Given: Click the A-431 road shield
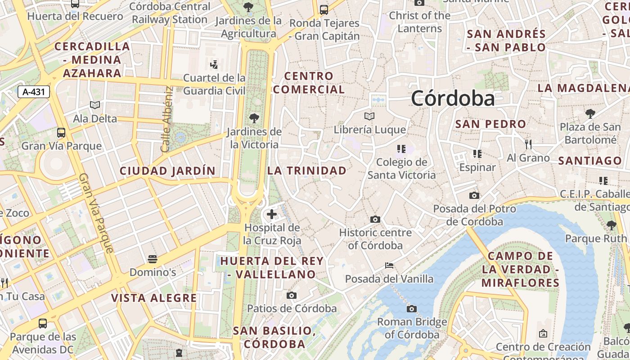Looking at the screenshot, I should click(34, 92).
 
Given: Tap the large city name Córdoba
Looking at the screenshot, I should click(453, 98).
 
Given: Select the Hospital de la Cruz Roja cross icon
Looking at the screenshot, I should click(272, 214).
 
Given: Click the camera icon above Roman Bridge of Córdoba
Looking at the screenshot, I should click(411, 309).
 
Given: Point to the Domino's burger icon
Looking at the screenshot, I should click(153, 259).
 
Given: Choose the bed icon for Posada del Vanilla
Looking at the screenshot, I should click(389, 265).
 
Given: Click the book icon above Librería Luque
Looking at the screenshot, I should click(369, 117).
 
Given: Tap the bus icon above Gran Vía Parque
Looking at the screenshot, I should click(61, 133).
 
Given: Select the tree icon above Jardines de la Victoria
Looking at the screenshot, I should click(254, 118).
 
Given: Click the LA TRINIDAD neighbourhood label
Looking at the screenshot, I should click(307, 171).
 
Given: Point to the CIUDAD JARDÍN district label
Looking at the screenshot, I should click(167, 171).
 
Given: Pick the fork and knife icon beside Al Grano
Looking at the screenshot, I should click(528, 144).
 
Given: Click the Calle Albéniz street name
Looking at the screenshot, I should click(167, 119).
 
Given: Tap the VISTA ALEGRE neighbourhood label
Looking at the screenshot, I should click(154, 298).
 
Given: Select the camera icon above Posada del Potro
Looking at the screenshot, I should click(474, 195).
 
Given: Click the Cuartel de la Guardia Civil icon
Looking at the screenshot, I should click(214, 64).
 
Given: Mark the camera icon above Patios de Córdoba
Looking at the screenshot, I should click(292, 296).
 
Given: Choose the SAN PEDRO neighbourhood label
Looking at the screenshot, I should click(490, 124).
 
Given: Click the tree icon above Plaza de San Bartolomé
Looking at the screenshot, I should click(590, 114).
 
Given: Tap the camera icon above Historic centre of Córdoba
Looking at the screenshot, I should click(375, 220).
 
